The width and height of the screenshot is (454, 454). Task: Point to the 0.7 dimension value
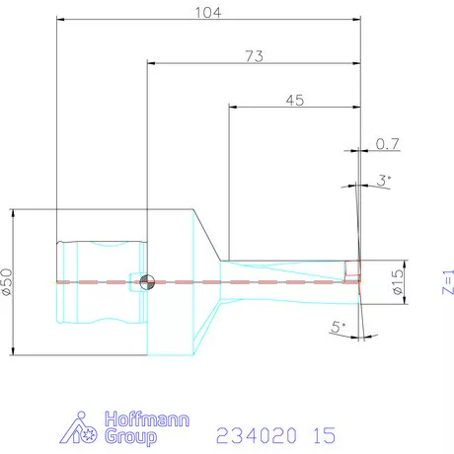point(388,145)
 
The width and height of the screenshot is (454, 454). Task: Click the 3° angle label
point(384,180)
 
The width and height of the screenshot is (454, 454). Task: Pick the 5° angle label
point(339,325)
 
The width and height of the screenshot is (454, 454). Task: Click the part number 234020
point(255,433)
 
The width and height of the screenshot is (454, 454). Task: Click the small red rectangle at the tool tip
point(351,267)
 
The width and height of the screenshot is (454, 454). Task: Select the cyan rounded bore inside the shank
point(101,282)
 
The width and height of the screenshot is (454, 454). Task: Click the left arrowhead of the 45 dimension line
point(232,105)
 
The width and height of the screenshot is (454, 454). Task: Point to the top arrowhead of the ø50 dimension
point(12,211)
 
